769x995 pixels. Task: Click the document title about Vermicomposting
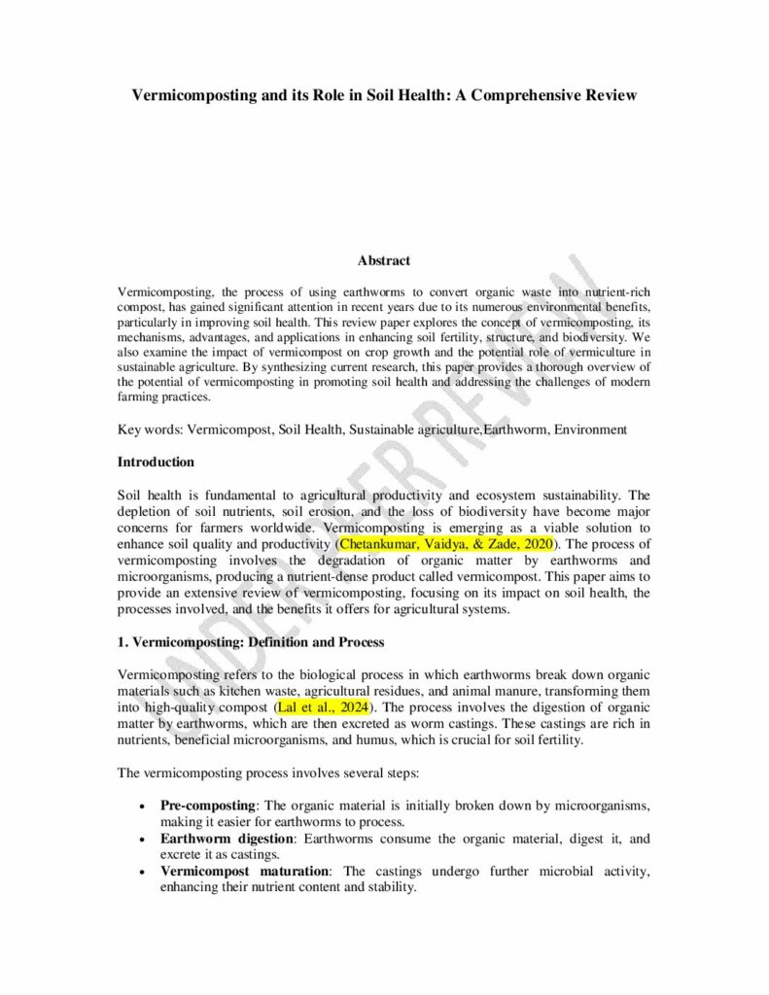[384, 95]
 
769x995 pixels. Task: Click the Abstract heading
[384, 260]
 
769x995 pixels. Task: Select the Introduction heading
[156, 462]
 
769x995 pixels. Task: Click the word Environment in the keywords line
[590, 429]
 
